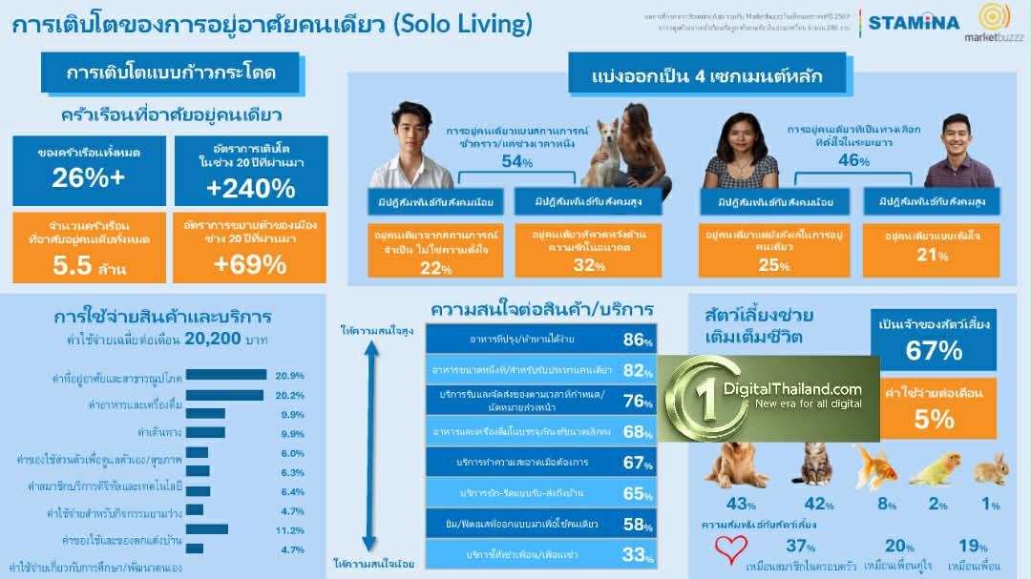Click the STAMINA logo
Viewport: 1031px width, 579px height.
pos(914,21)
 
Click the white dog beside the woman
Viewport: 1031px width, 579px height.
pos(604,155)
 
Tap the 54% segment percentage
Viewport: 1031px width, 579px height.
pos(516,162)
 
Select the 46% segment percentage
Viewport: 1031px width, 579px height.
pos(852,160)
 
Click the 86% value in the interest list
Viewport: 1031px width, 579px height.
pos(638,340)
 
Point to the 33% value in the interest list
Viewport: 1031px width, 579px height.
pos(638,554)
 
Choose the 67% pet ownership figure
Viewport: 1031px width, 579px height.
pos(934,350)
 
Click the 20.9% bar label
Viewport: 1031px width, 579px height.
pos(289,375)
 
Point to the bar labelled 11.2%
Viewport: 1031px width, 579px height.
pos(207,528)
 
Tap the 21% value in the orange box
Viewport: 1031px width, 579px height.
pos(932,255)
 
